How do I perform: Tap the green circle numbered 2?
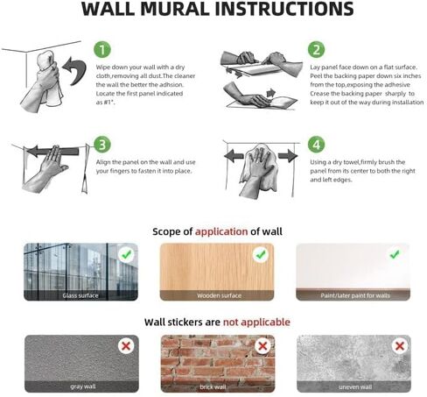(x=317, y=49)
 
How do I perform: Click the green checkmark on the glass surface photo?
(x=126, y=255)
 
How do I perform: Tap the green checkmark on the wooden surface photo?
(x=260, y=255)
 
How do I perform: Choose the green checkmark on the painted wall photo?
(x=395, y=255)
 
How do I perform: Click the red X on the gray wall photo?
(x=126, y=346)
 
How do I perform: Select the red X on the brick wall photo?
(x=260, y=346)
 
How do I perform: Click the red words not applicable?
(x=256, y=322)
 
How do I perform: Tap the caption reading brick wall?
(x=218, y=386)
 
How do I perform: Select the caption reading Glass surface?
(x=82, y=295)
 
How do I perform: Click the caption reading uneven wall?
(x=353, y=386)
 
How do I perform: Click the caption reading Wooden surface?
(x=218, y=295)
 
